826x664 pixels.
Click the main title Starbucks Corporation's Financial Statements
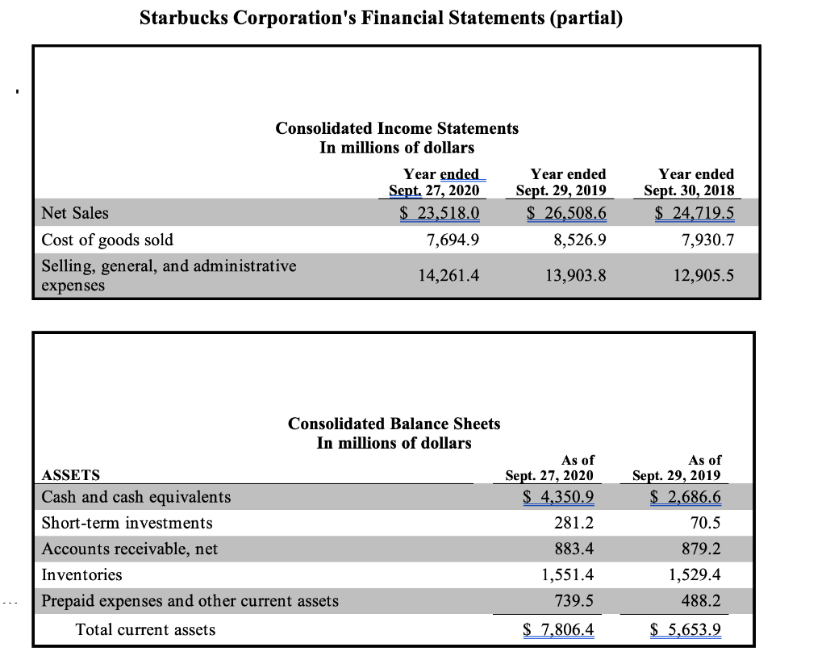tap(381, 18)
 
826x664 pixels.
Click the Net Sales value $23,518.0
tap(440, 213)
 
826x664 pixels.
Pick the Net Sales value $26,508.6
tap(567, 213)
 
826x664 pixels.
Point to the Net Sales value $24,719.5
tap(695, 213)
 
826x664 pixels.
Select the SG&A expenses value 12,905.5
tap(703, 276)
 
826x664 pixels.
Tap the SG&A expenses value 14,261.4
tap(448, 276)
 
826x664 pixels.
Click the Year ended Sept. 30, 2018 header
tap(696, 182)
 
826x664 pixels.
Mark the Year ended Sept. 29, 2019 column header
tap(568, 182)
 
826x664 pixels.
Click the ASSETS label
tap(71, 475)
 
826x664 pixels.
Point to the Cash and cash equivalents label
tap(136, 497)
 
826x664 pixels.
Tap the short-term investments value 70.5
tap(705, 523)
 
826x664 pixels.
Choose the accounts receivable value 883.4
tap(574, 549)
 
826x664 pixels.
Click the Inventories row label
tap(82, 575)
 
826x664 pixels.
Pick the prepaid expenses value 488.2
tap(702, 601)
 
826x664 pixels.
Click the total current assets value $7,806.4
tap(558, 629)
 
